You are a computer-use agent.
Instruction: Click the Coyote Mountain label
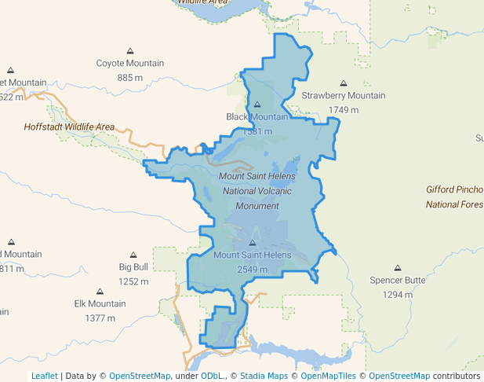pyautogui.click(x=129, y=64)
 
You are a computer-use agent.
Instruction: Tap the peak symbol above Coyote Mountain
pyautogui.click(x=129, y=50)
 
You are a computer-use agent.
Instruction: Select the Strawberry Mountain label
pyautogui.click(x=344, y=96)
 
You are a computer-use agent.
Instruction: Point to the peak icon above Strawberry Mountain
pyautogui.click(x=344, y=83)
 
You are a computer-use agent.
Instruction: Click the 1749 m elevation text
pyautogui.click(x=344, y=109)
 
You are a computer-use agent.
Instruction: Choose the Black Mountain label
pyautogui.click(x=257, y=117)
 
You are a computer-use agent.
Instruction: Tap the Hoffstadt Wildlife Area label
pyautogui.click(x=69, y=127)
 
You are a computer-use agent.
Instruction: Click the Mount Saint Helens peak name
pyautogui.click(x=252, y=255)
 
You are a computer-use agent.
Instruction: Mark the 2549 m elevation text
pyautogui.click(x=252, y=269)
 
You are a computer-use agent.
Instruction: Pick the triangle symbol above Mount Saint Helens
pyautogui.click(x=252, y=242)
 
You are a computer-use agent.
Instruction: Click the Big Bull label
pyautogui.click(x=133, y=267)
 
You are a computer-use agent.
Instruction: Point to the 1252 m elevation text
pyautogui.click(x=133, y=281)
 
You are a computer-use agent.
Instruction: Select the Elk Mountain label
pyautogui.click(x=100, y=304)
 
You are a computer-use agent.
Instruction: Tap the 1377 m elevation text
pyautogui.click(x=100, y=318)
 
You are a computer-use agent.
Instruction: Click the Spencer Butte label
pyautogui.click(x=398, y=281)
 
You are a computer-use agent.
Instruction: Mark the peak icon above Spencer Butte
pyautogui.click(x=398, y=268)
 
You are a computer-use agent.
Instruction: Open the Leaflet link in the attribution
pyautogui.click(x=45, y=376)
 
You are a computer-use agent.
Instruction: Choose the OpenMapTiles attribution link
pyautogui.click(x=329, y=376)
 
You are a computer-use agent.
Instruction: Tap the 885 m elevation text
pyautogui.click(x=129, y=77)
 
